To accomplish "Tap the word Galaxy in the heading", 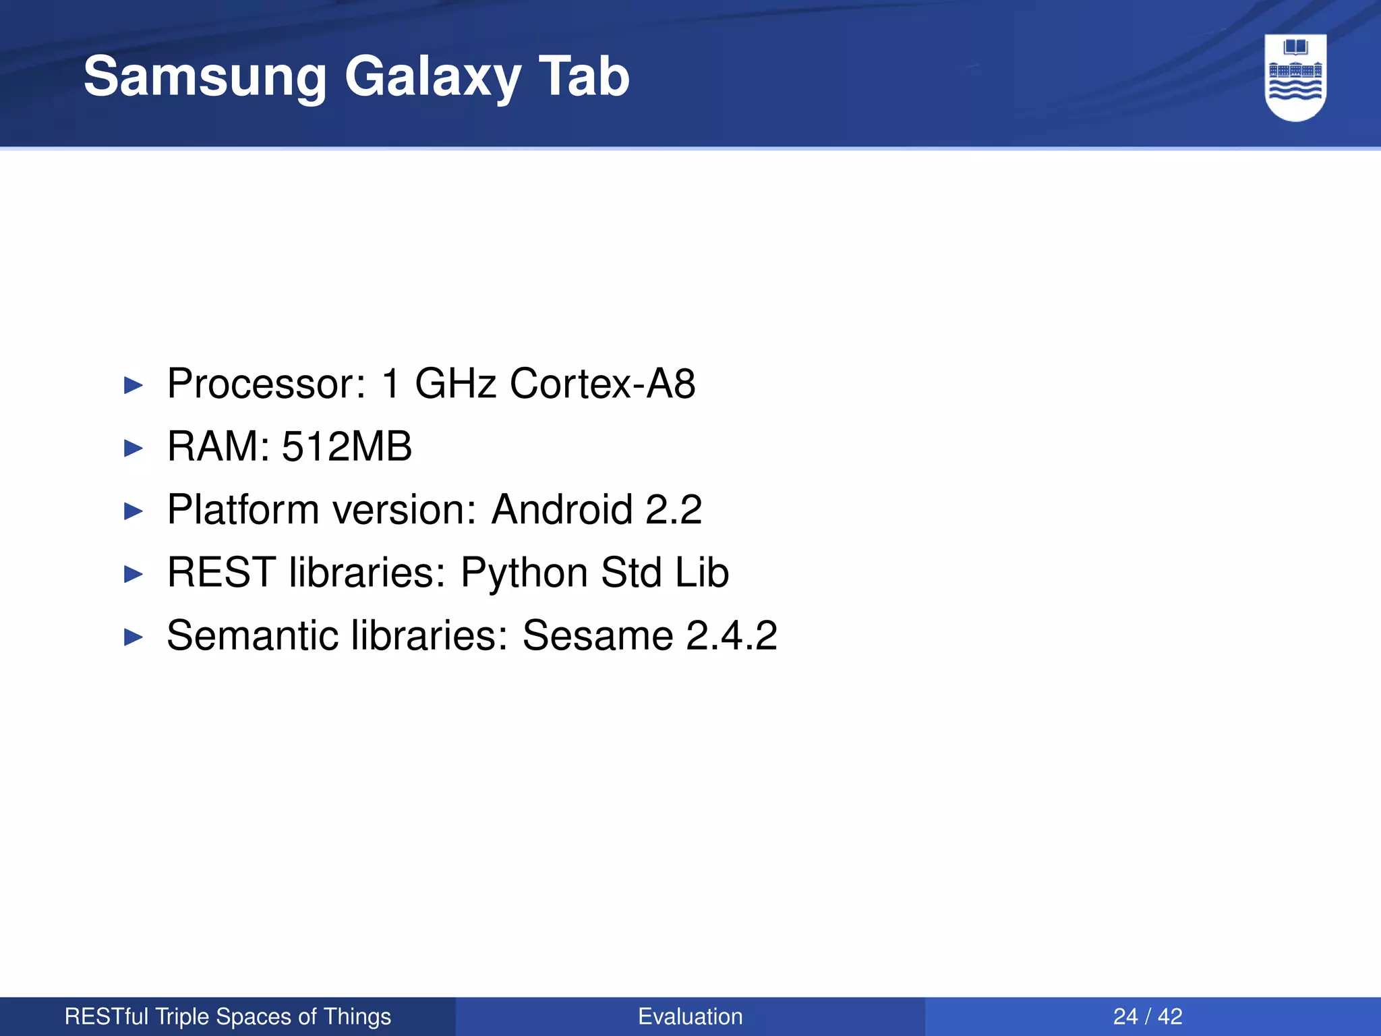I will pos(432,77).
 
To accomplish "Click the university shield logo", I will pos(1295,78).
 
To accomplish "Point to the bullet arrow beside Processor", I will pos(134,386).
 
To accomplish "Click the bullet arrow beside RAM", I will pos(134,449).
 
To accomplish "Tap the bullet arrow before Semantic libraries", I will pos(134,637).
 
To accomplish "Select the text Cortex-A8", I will pos(602,384).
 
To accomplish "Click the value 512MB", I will pos(347,447).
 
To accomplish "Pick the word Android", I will pos(562,509).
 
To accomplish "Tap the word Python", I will pos(524,573).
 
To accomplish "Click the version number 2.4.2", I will pos(731,635).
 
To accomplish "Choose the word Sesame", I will pos(597,635).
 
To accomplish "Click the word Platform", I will pos(243,509).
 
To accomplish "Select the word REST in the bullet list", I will pos(221,573).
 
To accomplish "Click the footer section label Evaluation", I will pos(690,1016).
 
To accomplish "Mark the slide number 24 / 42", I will pos(1148,1016).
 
